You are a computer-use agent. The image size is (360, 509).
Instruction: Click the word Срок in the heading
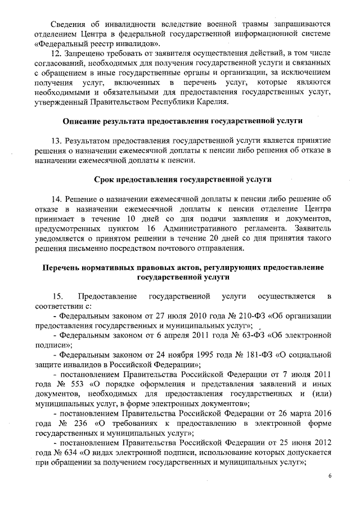pyautogui.click(x=105, y=180)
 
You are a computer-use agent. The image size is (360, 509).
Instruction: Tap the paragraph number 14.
pyautogui.click(x=56, y=200)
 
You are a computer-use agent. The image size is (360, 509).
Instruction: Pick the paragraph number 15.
pyautogui.click(x=58, y=296)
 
